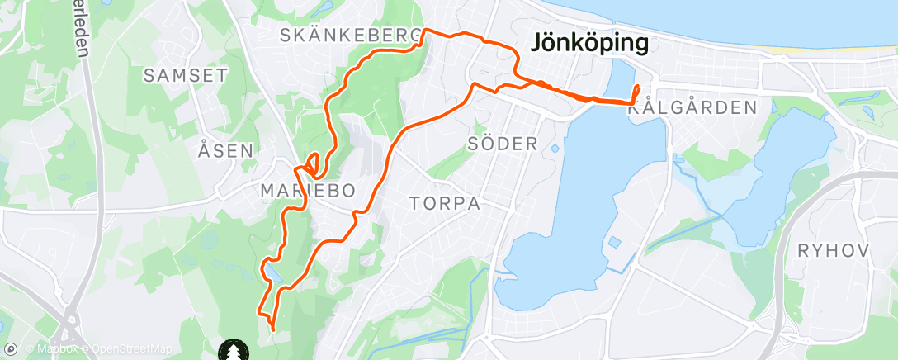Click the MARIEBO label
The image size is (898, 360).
click(x=308, y=191)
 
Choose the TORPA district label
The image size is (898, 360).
click(x=445, y=203)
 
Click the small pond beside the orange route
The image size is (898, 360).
click(x=273, y=272)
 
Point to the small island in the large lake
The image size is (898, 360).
click(x=615, y=244)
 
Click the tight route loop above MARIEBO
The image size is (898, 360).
click(x=314, y=163)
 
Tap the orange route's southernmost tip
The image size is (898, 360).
click(x=273, y=330)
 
